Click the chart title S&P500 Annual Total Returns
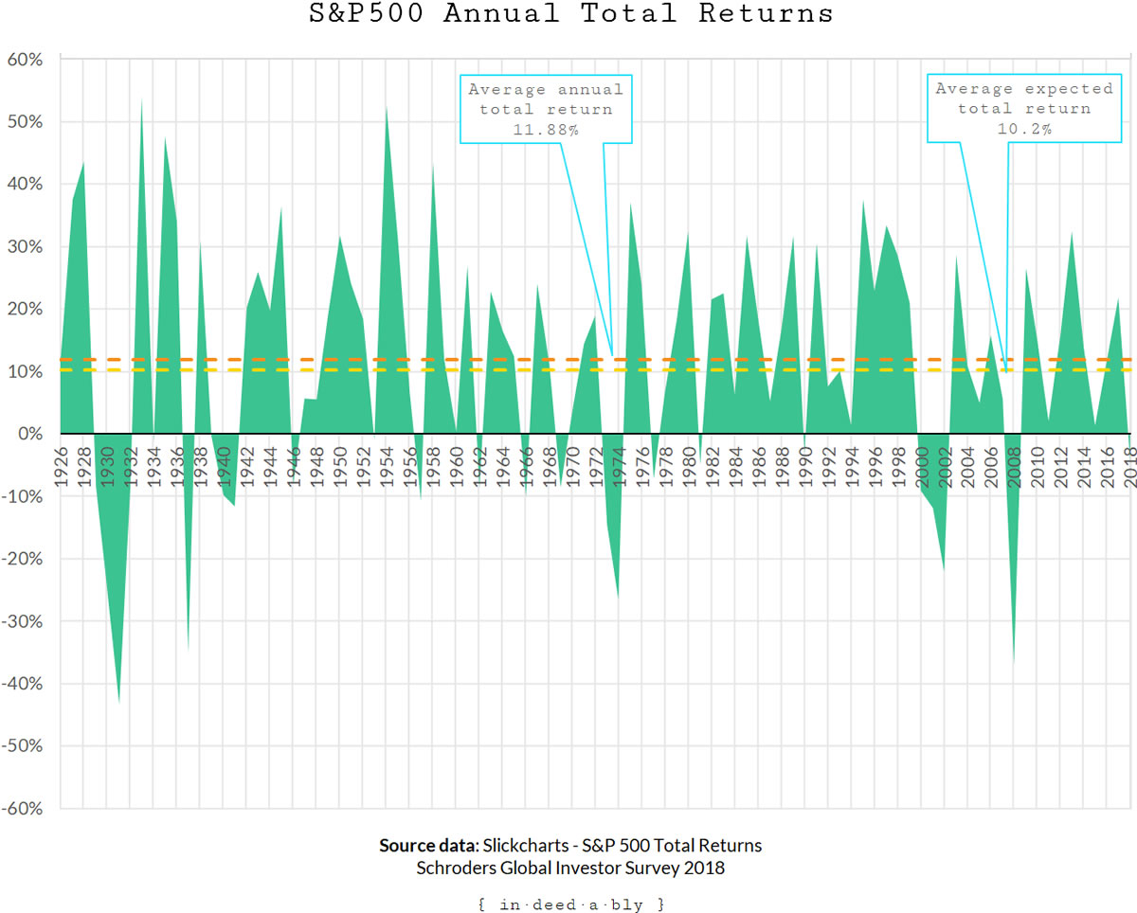(571, 14)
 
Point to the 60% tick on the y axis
(26, 59)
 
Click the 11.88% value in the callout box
(546, 130)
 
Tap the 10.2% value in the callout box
(1024, 130)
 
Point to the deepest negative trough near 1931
(118, 702)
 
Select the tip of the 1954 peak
(386, 105)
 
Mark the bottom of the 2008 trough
(1014, 664)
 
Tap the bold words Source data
(428, 846)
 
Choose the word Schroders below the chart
(457, 868)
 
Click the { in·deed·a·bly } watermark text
(571, 904)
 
